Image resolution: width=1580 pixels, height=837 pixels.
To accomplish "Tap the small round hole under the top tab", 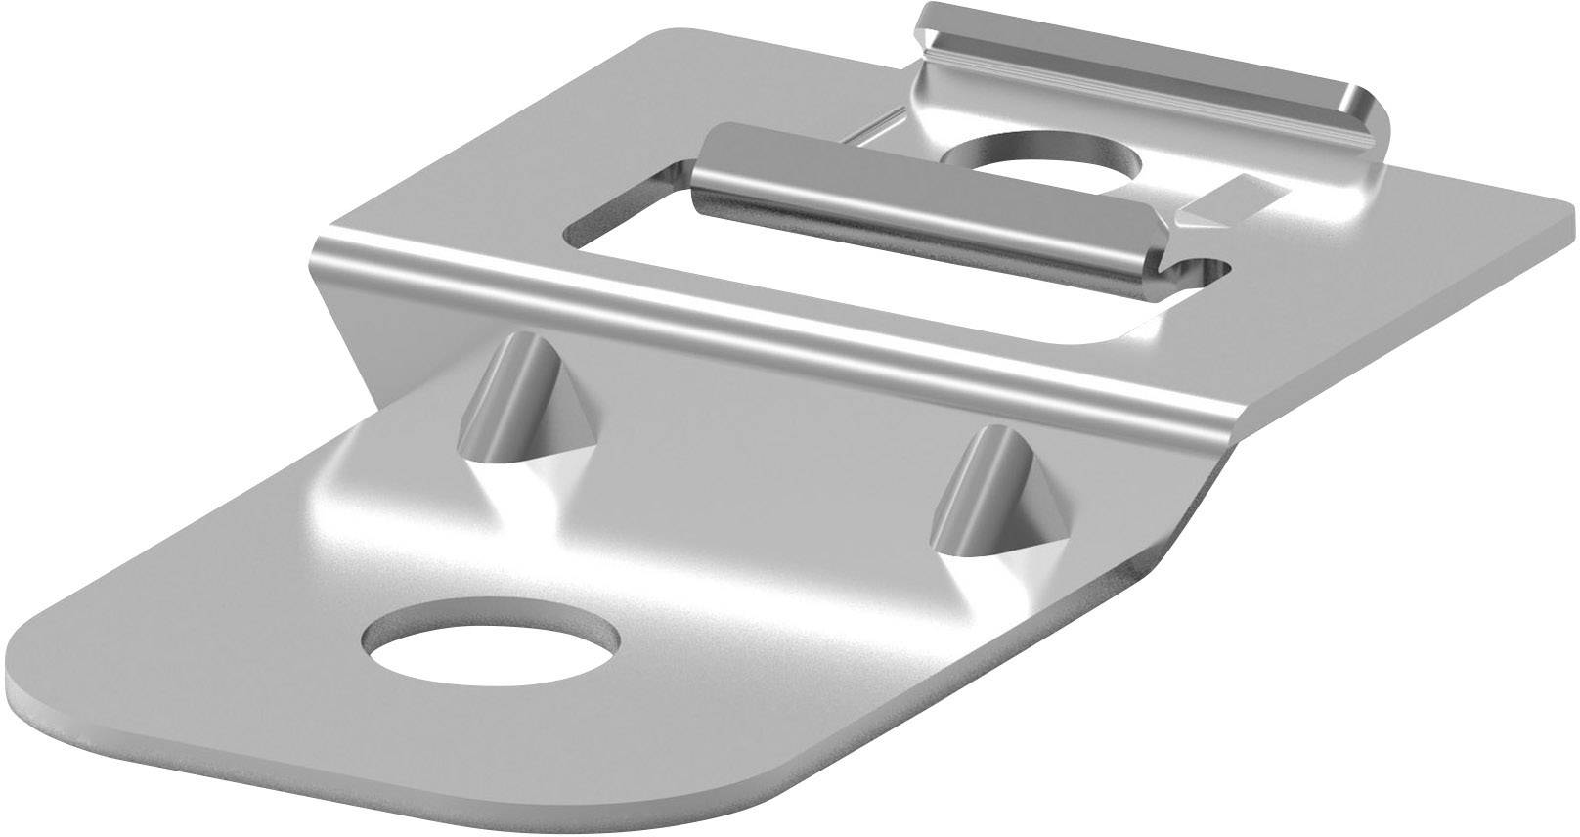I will [x=1044, y=157].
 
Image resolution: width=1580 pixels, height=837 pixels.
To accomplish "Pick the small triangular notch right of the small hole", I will [x=1217, y=196].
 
